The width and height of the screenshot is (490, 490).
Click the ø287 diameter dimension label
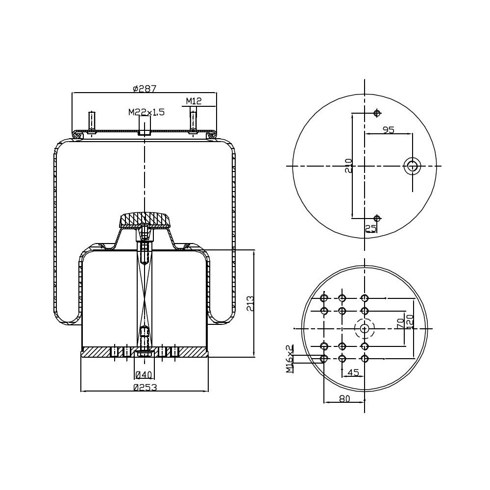coord(145,89)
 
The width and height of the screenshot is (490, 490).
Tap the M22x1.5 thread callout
coord(147,112)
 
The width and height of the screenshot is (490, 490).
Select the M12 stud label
coord(194,101)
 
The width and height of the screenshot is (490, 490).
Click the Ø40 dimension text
coord(144,375)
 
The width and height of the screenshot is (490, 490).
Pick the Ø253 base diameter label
coord(145,387)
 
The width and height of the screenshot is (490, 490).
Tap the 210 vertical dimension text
coord(348,166)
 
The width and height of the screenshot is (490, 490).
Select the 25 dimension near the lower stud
coord(371,228)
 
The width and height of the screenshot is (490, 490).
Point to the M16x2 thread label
coord(290,358)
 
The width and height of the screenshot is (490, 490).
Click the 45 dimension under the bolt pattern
coord(353,372)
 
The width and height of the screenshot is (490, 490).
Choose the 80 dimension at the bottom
coord(344,399)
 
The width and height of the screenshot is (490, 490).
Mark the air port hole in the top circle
coord(413,166)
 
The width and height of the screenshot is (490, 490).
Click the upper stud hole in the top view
coord(377,114)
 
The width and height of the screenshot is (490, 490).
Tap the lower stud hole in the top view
coord(377,218)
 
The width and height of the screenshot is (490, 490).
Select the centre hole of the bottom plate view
coord(364,329)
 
